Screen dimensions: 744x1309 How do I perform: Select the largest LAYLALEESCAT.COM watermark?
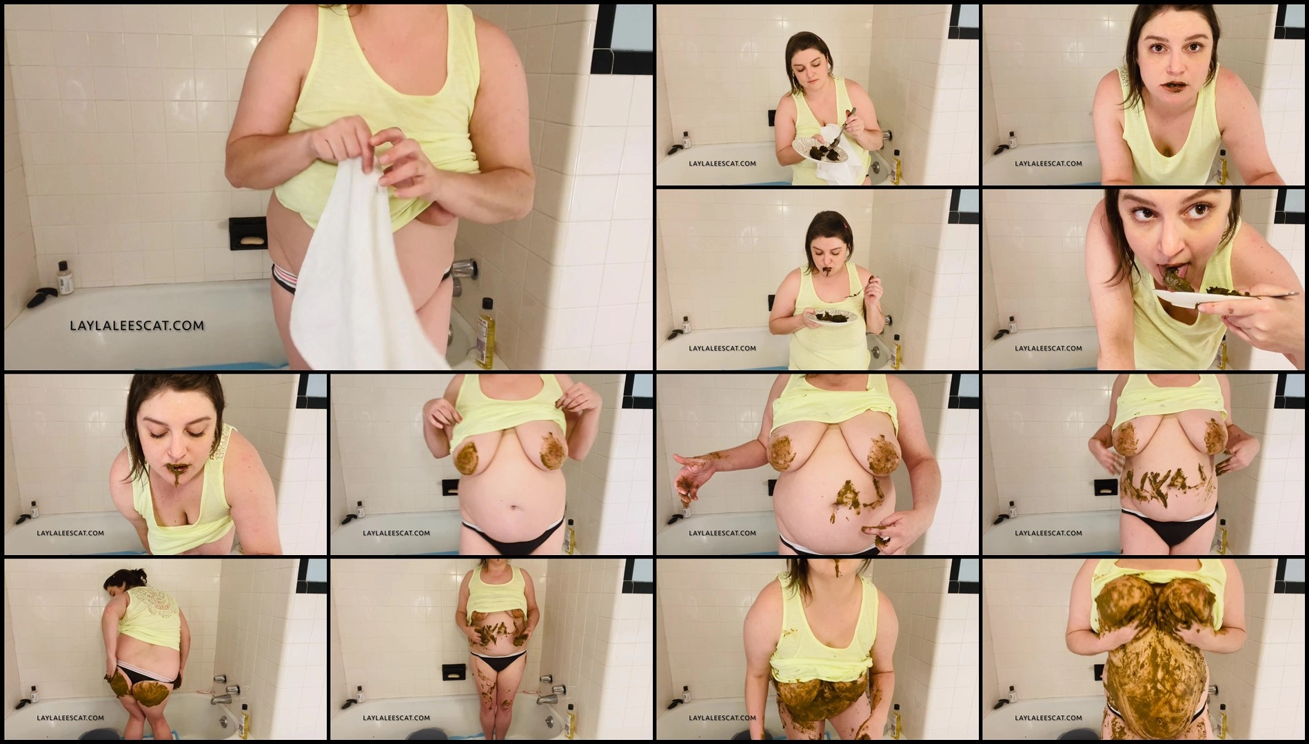[x=136, y=325]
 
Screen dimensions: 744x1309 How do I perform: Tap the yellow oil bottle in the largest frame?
[x=485, y=334]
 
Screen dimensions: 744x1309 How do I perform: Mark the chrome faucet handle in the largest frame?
[x=463, y=268]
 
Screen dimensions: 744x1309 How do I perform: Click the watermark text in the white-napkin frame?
[x=722, y=163]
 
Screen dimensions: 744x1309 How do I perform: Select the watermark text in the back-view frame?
[x=70, y=718]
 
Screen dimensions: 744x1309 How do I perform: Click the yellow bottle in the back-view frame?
[x=243, y=721]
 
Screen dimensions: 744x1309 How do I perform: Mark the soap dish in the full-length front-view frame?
[x=454, y=672]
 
